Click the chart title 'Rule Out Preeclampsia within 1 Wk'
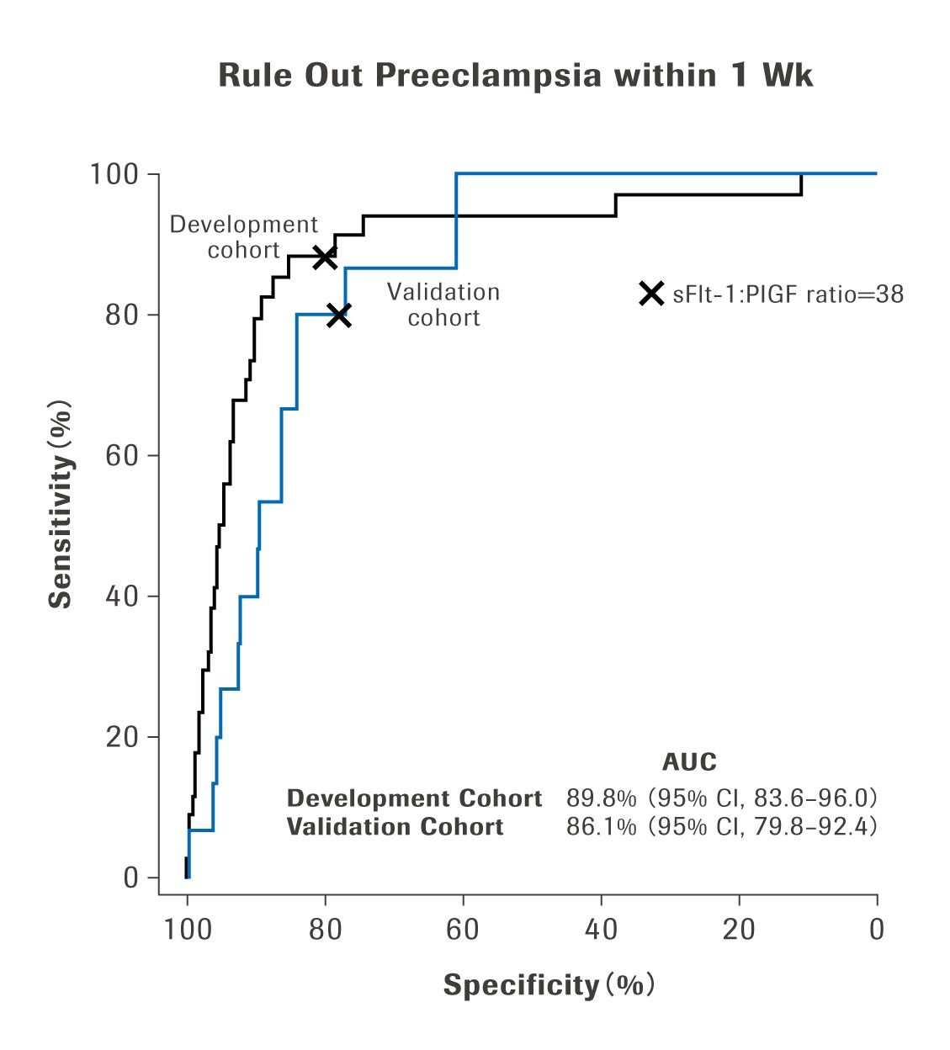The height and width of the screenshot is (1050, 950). tap(515, 76)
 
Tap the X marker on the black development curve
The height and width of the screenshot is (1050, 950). tap(325, 257)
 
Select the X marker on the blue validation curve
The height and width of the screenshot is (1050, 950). tap(338, 316)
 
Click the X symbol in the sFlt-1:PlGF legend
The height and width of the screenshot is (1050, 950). tap(651, 294)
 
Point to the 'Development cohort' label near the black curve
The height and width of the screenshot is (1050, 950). tap(244, 237)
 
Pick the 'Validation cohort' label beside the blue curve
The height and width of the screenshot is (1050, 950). tap(443, 305)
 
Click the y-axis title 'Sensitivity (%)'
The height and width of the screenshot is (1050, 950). tap(61, 503)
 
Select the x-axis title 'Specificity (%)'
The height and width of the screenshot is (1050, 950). tap(549, 984)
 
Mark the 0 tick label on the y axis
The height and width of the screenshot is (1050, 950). tap(130, 878)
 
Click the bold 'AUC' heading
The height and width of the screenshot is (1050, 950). tap(689, 762)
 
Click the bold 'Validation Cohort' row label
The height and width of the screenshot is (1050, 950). tap(395, 826)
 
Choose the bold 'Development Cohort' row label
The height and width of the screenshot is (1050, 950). tap(414, 798)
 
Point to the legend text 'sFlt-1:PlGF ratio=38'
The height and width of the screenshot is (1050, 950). tap(788, 294)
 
